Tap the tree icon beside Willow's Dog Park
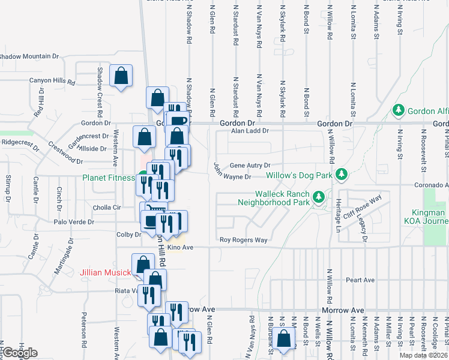pos(342,174)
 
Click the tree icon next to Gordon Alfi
pos(397,110)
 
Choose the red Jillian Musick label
pos(105,273)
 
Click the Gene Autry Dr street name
pos(250,166)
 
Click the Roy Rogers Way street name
pos(243,240)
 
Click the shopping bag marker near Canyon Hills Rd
pos(121,76)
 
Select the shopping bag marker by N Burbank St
pos(285,339)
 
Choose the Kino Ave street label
pos(180,247)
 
